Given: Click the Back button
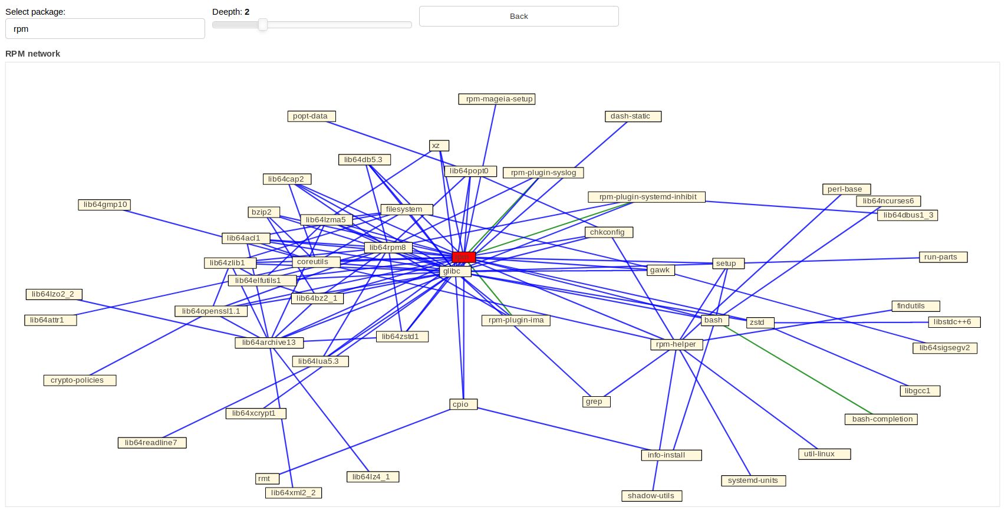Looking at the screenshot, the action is point(519,17).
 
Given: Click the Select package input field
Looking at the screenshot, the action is point(105,29).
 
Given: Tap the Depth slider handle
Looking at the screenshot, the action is point(263,25).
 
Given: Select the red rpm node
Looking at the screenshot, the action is point(463,257).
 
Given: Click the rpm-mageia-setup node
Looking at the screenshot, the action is point(496,99).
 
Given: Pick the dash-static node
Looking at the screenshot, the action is point(633,116).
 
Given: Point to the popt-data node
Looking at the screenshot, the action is point(311,116).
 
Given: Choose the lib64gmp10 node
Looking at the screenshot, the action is point(104,205).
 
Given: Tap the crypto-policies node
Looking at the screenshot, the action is point(80,380).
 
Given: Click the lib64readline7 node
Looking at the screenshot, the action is point(152,443).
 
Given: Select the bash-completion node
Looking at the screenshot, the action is point(881,419).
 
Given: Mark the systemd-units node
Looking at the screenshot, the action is point(753,480).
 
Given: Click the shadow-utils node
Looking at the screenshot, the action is point(651,496).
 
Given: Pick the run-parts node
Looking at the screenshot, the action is point(943,257).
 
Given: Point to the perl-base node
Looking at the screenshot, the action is point(846,189).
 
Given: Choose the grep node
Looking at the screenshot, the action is point(595,401).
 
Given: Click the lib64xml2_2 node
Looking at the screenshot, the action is point(293,493).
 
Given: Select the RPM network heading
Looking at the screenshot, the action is point(33,54).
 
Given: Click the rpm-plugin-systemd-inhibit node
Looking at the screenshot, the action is point(646,197).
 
